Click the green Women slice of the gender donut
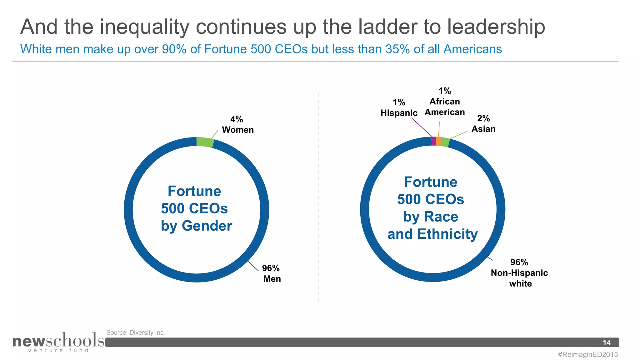pos(205,142)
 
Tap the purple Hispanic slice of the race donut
pos(433,141)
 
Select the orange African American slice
pos(438,142)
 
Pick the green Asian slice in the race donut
pos(445,142)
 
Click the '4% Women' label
pos(237,124)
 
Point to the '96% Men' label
pos(271,273)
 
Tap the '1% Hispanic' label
pos(399,107)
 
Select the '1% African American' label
pos(444,102)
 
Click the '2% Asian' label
pos(483,123)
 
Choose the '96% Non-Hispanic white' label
pos(519,273)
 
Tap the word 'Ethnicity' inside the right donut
pos(447,234)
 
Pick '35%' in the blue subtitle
pos(397,49)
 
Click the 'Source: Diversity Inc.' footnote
pos(135,332)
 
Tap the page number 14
pos(606,342)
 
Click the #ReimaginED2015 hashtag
pos(588,354)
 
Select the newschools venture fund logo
pos(58,342)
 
